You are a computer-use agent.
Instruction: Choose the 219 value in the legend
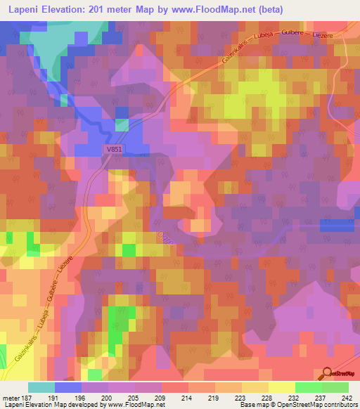point(212,397)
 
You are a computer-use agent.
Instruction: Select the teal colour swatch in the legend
point(41,387)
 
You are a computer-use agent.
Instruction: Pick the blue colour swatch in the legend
point(69,387)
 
